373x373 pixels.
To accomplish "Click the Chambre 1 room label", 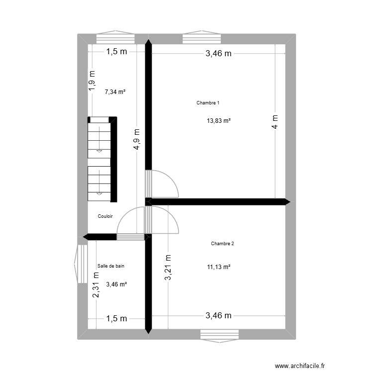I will coord(208,103).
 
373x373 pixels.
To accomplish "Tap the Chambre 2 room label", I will coord(222,244).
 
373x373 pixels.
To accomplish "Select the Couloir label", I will coord(105,216).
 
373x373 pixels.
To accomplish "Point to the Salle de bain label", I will coord(111,266).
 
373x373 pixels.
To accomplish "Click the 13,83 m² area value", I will coord(219,121).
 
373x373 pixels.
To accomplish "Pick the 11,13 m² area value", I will coord(219,267).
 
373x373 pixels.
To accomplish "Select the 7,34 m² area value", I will coord(115,92).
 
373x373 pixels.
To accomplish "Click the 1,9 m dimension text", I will coord(91,80).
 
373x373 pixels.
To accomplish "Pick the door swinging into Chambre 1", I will coord(164,184).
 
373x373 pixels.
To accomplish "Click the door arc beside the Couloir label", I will coord(130,221).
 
